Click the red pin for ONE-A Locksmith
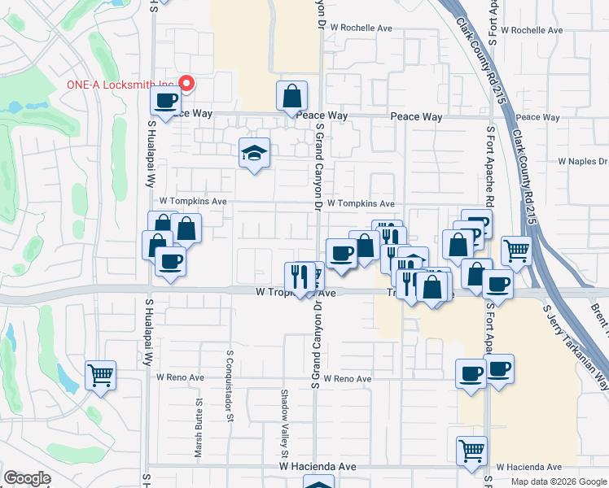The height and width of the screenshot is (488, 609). [187, 83]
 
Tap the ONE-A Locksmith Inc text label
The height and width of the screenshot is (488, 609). [120, 85]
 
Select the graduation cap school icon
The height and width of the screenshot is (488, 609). [255, 152]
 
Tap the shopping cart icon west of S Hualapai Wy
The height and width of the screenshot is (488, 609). [100, 376]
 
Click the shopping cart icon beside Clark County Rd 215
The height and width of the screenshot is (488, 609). [516, 251]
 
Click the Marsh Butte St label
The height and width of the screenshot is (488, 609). [199, 429]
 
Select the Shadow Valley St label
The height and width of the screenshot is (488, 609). [285, 422]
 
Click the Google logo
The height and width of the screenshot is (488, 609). [27, 478]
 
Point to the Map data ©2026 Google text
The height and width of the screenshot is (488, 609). [559, 481]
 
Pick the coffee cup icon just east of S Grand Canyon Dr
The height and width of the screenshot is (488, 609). [340, 252]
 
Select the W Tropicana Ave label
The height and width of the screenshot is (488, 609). [296, 292]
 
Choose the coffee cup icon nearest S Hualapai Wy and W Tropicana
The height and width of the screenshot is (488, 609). [170, 262]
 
